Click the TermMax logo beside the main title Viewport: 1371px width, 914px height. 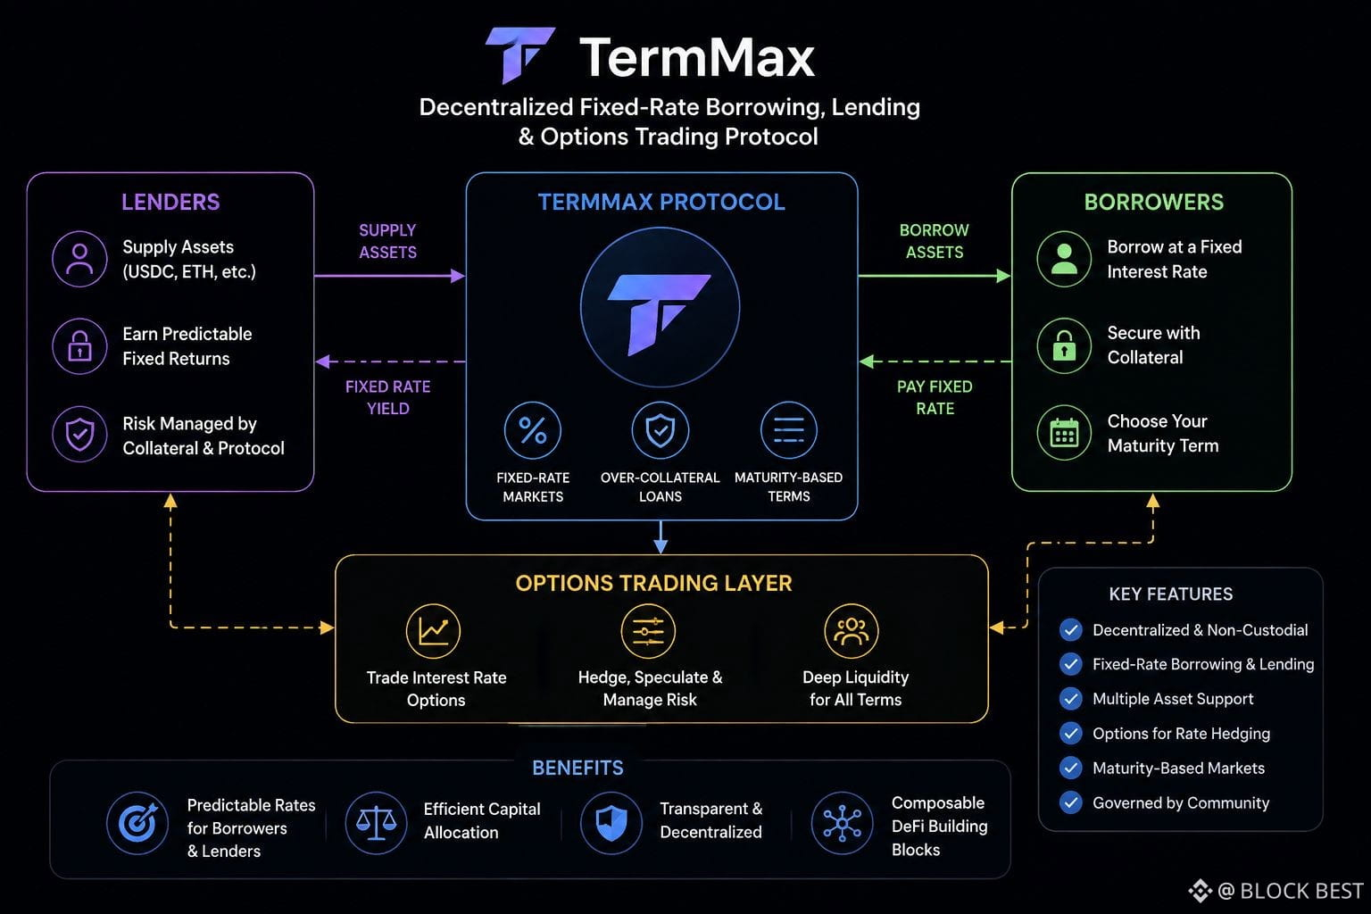pyautogui.click(x=520, y=54)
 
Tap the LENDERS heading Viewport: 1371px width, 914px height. pyautogui.click(x=170, y=202)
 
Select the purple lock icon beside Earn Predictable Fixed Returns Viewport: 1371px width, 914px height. pyautogui.click(x=79, y=346)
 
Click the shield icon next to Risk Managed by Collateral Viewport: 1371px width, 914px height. pyautogui.click(x=79, y=434)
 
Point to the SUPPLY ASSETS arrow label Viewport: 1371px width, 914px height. pyautogui.click(x=387, y=241)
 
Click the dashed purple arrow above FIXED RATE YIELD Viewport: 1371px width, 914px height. pyautogui.click(x=390, y=361)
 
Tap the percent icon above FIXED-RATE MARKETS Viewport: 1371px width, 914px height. pyautogui.click(x=533, y=430)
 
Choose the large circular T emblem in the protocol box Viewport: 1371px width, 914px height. pyautogui.click(x=660, y=307)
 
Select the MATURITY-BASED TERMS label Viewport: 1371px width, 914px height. pyautogui.click(x=788, y=486)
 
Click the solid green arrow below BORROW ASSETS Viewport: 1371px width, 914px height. pyautogui.click(x=935, y=276)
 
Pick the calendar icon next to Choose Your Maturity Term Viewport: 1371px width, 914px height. pyautogui.click(x=1064, y=433)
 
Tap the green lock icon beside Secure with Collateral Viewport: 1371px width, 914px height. pyautogui.click(x=1064, y=346)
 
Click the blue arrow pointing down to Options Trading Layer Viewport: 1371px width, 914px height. pyautogui.click(x=661, y=537)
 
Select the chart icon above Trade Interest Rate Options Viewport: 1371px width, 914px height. pyautogui.click(x=433, y=631)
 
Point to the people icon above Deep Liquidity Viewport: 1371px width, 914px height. pyautogui.click(x=852, y=631)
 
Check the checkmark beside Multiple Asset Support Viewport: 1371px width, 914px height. pyautogui.click(x=1070, y=699)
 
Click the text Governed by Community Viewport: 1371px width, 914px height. pyautogui.click(x=1181, y=803)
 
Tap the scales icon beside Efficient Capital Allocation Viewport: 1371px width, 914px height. pyautogui.click(x=376, y=823)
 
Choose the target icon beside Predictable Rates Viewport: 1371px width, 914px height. pyautogui.click(x=137, y=823)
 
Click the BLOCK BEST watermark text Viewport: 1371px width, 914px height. pyautogui.click(x=1302, y=892)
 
